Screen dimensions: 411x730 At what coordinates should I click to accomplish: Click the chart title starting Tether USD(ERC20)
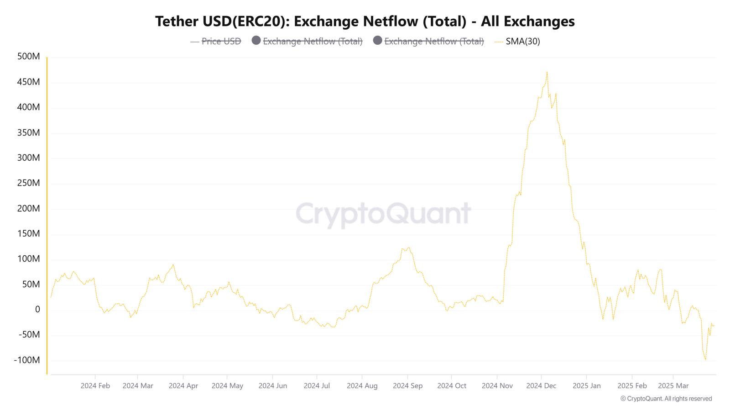pyautogui.click(x=365, y=21)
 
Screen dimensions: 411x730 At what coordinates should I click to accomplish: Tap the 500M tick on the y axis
pyautogui.click(x=29, y=57)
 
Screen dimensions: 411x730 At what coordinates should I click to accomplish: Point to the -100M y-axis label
pyautogui.click(x=27, y=360)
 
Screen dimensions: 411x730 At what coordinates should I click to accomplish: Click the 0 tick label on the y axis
pyautogui.click(x=37, y=309)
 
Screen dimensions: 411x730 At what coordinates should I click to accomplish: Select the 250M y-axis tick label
pyautogui.click(x=29, y=183)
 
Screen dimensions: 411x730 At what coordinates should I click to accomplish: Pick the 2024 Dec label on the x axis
pyautogui.click(x=541, y=385)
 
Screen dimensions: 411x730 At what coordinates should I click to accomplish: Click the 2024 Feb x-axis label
pyautogui.click(x=95, y=385)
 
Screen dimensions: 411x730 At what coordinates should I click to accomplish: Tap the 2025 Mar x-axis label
pyautogui.click(x=673, y=385)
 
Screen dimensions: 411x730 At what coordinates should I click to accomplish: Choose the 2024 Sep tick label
pyautogui.click(x=407, y=385)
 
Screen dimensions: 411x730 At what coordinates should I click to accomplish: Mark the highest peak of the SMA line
pyautogui.click(x=547, y=72)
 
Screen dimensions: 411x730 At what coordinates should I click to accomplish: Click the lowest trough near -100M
pyautogui.click(x=705, y=360)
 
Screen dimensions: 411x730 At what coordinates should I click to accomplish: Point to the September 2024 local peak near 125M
pyautogui.click(x=408, y=248)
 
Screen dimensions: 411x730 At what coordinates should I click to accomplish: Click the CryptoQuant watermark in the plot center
pyautogui.click(x=383, y=213)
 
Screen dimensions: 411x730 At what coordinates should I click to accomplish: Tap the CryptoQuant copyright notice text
pyautogui.click(x=666, y=399)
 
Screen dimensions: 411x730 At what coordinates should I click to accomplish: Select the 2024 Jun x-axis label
pyautogui.click(x=272, y=385)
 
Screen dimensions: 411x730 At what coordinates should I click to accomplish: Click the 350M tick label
pyautogui.click(x=29, y=132)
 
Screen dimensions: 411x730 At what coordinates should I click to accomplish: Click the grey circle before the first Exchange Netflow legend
pyautogui.click(x=256, y=41)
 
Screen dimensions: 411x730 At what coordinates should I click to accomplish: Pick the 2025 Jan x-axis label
pyautogui.click(x=586, y=385)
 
